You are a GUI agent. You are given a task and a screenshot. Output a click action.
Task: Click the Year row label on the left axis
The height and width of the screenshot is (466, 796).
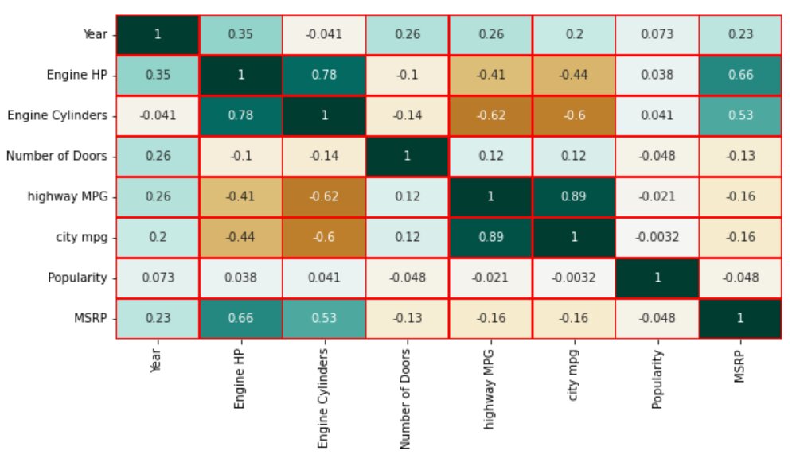click(95, 35)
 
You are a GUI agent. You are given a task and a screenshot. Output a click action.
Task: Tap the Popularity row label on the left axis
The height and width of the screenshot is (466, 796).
click(79, 278)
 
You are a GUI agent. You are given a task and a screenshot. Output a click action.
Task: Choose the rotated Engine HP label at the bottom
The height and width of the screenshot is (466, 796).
click(240, 381)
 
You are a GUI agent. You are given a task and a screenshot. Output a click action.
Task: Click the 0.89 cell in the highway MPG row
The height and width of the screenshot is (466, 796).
click(573, 197)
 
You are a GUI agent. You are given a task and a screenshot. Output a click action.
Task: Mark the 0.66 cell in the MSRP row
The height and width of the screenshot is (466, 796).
click(240, 318)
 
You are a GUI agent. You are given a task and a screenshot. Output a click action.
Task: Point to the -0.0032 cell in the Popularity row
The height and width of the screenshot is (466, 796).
click(573, 278)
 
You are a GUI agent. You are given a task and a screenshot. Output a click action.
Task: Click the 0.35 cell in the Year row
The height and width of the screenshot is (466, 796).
click(240, 35)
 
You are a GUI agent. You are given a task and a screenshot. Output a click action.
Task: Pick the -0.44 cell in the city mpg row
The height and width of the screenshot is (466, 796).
click(240, 238)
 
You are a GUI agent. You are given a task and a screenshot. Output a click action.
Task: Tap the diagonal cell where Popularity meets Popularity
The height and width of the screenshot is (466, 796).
click(657, 278)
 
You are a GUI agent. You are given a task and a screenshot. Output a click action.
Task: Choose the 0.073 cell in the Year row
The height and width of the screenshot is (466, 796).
click(657, 35)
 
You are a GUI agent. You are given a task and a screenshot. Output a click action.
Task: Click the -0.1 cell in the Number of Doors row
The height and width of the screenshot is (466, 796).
click(240, 157)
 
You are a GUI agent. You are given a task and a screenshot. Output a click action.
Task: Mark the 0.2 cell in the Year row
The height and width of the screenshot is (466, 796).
click(573, 35)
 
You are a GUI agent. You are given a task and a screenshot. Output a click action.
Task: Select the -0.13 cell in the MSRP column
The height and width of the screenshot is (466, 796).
click(740, 157)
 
